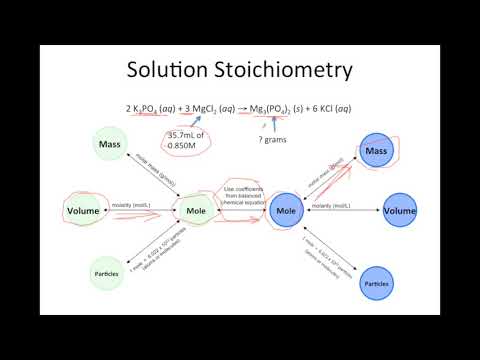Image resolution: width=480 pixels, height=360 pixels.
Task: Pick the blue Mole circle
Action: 287,212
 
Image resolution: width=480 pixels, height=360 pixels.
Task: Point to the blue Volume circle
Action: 397,211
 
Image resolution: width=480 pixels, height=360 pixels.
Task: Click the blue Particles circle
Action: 376,284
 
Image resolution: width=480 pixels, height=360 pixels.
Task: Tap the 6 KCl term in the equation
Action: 332,107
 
